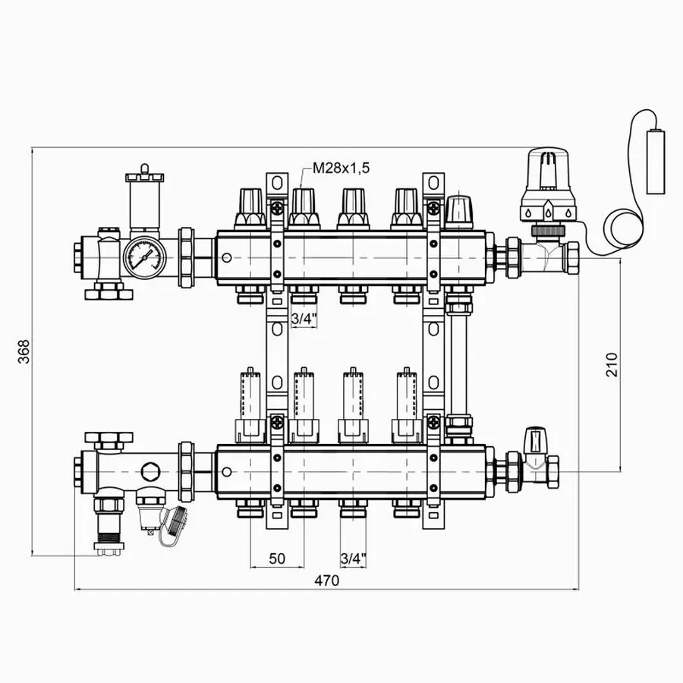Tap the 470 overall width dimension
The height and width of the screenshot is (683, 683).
[326, 581]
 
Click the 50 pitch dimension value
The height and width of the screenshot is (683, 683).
[277, 559]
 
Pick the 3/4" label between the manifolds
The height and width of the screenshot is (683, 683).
[302, 319]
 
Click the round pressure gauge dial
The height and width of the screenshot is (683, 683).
[143, 256]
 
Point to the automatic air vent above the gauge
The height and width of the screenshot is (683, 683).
[144, 194]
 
